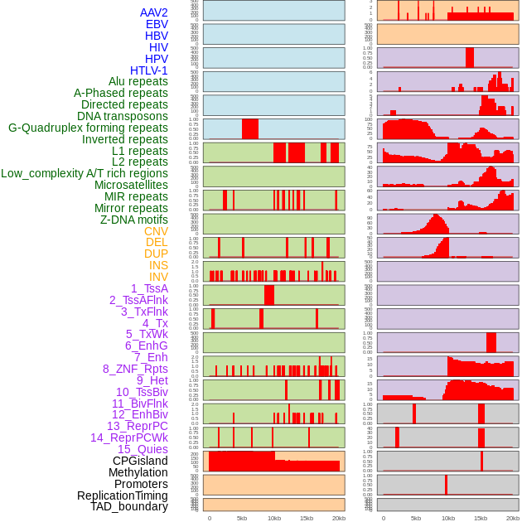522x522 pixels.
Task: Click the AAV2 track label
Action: click(153, 12)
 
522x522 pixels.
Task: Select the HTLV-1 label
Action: click(148, 70)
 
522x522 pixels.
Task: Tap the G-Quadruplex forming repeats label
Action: click(88, 128)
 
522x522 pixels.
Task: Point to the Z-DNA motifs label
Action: click(133, 220)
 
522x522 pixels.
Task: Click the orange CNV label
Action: click(156, 231)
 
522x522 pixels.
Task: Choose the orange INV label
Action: click(158, 277)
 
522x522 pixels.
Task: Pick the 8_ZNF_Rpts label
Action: click(135, 369)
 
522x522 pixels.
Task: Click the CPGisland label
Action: click(140, 461)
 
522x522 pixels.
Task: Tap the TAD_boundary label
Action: click(128, 506)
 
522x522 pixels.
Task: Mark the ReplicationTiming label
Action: click(122, 495)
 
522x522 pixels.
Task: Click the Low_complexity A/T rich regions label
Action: click(85, 173)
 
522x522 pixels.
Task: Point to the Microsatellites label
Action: click(131, 185)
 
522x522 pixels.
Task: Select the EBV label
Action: click(157, 24)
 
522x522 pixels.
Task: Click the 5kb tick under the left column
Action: click(242, 518)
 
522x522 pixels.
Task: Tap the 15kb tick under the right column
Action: click(481, 518)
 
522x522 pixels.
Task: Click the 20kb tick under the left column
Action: click(339, 518)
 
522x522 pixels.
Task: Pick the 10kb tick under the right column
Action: click(448, 518)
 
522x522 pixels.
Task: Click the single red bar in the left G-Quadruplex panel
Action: click(250, 129)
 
